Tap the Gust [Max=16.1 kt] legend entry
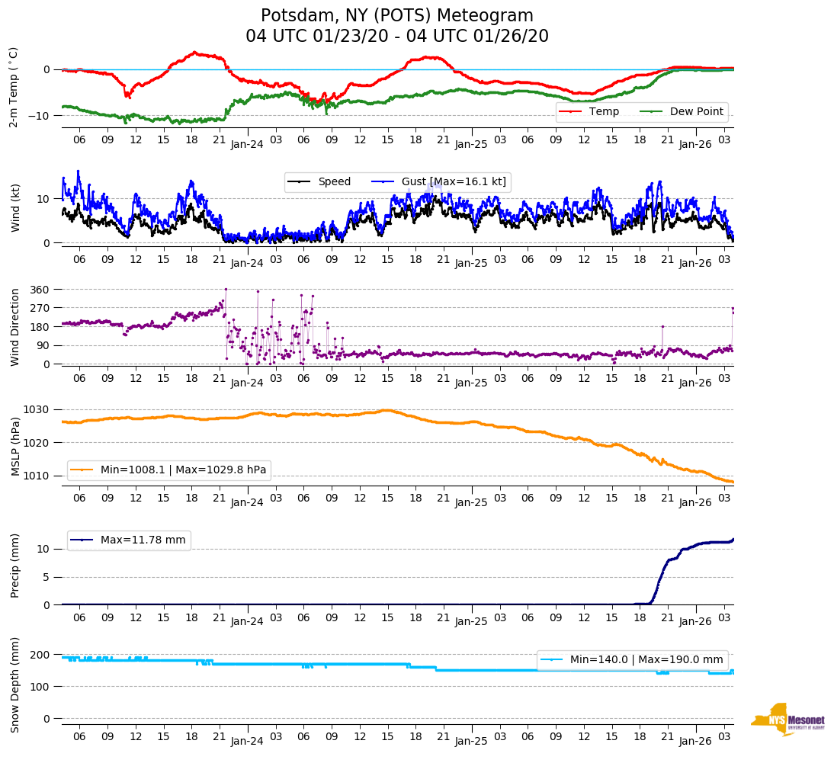pyautogui.click(x=454, y=182)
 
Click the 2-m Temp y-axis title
pyautogui.click(x=13, y=87)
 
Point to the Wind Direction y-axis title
pyautogui.click(x=14, y=327)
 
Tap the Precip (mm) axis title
pyautogui.click(x=14, y=566)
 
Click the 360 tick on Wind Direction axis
pyautogui.click(x=40, y=290)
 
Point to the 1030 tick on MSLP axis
pyautogui.click(x=38, y=410)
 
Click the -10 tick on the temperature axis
pyautogui.click(x=40, y=116)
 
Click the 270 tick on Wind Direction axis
pyautogui.click(x=40, y=308)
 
